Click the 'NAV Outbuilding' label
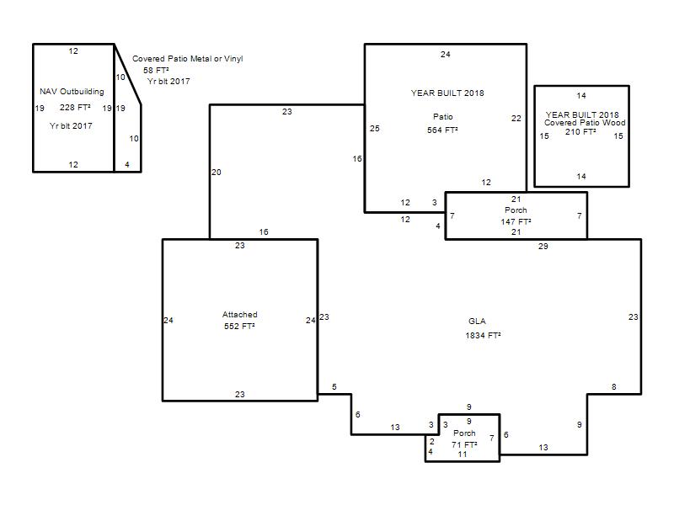click(72, 92)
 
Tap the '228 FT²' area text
click(75, 108)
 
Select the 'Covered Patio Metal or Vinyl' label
click(187, 58)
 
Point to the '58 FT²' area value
click(156, 70)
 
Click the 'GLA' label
click(477, 322)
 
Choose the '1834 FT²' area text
click(483, 335)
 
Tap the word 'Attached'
click(240, 314)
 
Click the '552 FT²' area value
click(239, 327)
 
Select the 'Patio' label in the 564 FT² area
click(443, 117)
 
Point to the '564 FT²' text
click(442, 130)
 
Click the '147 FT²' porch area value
click(516, 221)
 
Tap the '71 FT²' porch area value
click(464, 444)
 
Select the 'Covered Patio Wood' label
click(585, 123)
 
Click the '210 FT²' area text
click(580, 132)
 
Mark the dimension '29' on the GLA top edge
click(543, 247)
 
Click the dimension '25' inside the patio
click(374, 129)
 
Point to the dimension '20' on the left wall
click(217, 173)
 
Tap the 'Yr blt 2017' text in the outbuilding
click(71, 125)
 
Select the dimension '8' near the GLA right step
click(614, 387)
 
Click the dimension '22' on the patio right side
click(516, 119)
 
